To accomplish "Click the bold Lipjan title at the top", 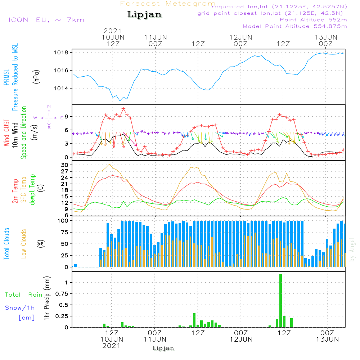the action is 144,15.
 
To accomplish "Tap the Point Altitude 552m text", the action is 313,20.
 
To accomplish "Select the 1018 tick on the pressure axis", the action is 61,53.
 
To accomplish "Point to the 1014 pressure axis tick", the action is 61,89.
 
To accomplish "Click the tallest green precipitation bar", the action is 280,301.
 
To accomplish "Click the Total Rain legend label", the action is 24,294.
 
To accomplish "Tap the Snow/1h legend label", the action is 20,308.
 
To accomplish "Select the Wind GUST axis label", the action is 6,132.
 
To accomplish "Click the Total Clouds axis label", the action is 6,244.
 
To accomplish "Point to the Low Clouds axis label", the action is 24,244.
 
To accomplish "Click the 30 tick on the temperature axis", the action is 64,165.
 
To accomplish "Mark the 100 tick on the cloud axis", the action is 63,221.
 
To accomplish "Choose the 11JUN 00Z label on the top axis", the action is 156,41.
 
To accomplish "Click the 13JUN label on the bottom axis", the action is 327,339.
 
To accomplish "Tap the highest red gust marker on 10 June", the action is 124,109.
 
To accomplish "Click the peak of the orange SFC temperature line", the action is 109,165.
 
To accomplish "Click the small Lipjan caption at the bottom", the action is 163,348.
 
